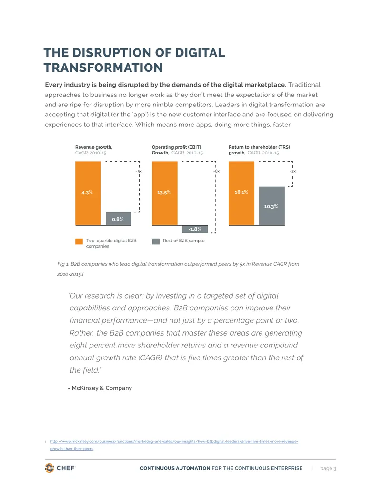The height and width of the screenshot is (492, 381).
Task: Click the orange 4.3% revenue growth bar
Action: click(x=88, y=193)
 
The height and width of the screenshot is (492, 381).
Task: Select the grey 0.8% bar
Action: click(x=118, y=219)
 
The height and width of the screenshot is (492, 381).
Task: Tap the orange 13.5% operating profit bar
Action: click(x=165, y=193)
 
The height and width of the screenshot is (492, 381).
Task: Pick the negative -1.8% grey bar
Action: click(x=195, y=229)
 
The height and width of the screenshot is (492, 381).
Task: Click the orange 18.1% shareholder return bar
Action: click(x=241, y=193)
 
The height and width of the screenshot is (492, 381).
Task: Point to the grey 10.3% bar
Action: click(x=272, y=206)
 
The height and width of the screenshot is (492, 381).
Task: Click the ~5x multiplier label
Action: click(x=139, y=171)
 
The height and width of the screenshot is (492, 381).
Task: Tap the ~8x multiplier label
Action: click(x=216, y=171)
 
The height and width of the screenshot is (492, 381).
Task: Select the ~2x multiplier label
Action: click(x=293, y=171)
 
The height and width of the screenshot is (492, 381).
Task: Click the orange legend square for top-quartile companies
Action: click(x=79, y=241)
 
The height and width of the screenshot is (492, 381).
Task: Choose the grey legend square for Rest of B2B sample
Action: click(x=156, y=241)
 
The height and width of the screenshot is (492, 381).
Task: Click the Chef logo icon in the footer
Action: click(x=50, y=468)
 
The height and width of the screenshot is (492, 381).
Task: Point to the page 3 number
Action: click(x=328, y=468)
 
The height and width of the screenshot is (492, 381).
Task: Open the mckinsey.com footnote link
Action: click(x=174, y=445)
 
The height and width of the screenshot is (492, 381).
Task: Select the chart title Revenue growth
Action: click(x=94, y=147)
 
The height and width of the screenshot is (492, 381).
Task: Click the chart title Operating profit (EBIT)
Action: click(x=176, y=147)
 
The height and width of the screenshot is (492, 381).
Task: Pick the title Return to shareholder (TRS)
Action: click(x=260, y=147)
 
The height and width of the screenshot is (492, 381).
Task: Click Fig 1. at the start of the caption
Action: click(x=63, y=264)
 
